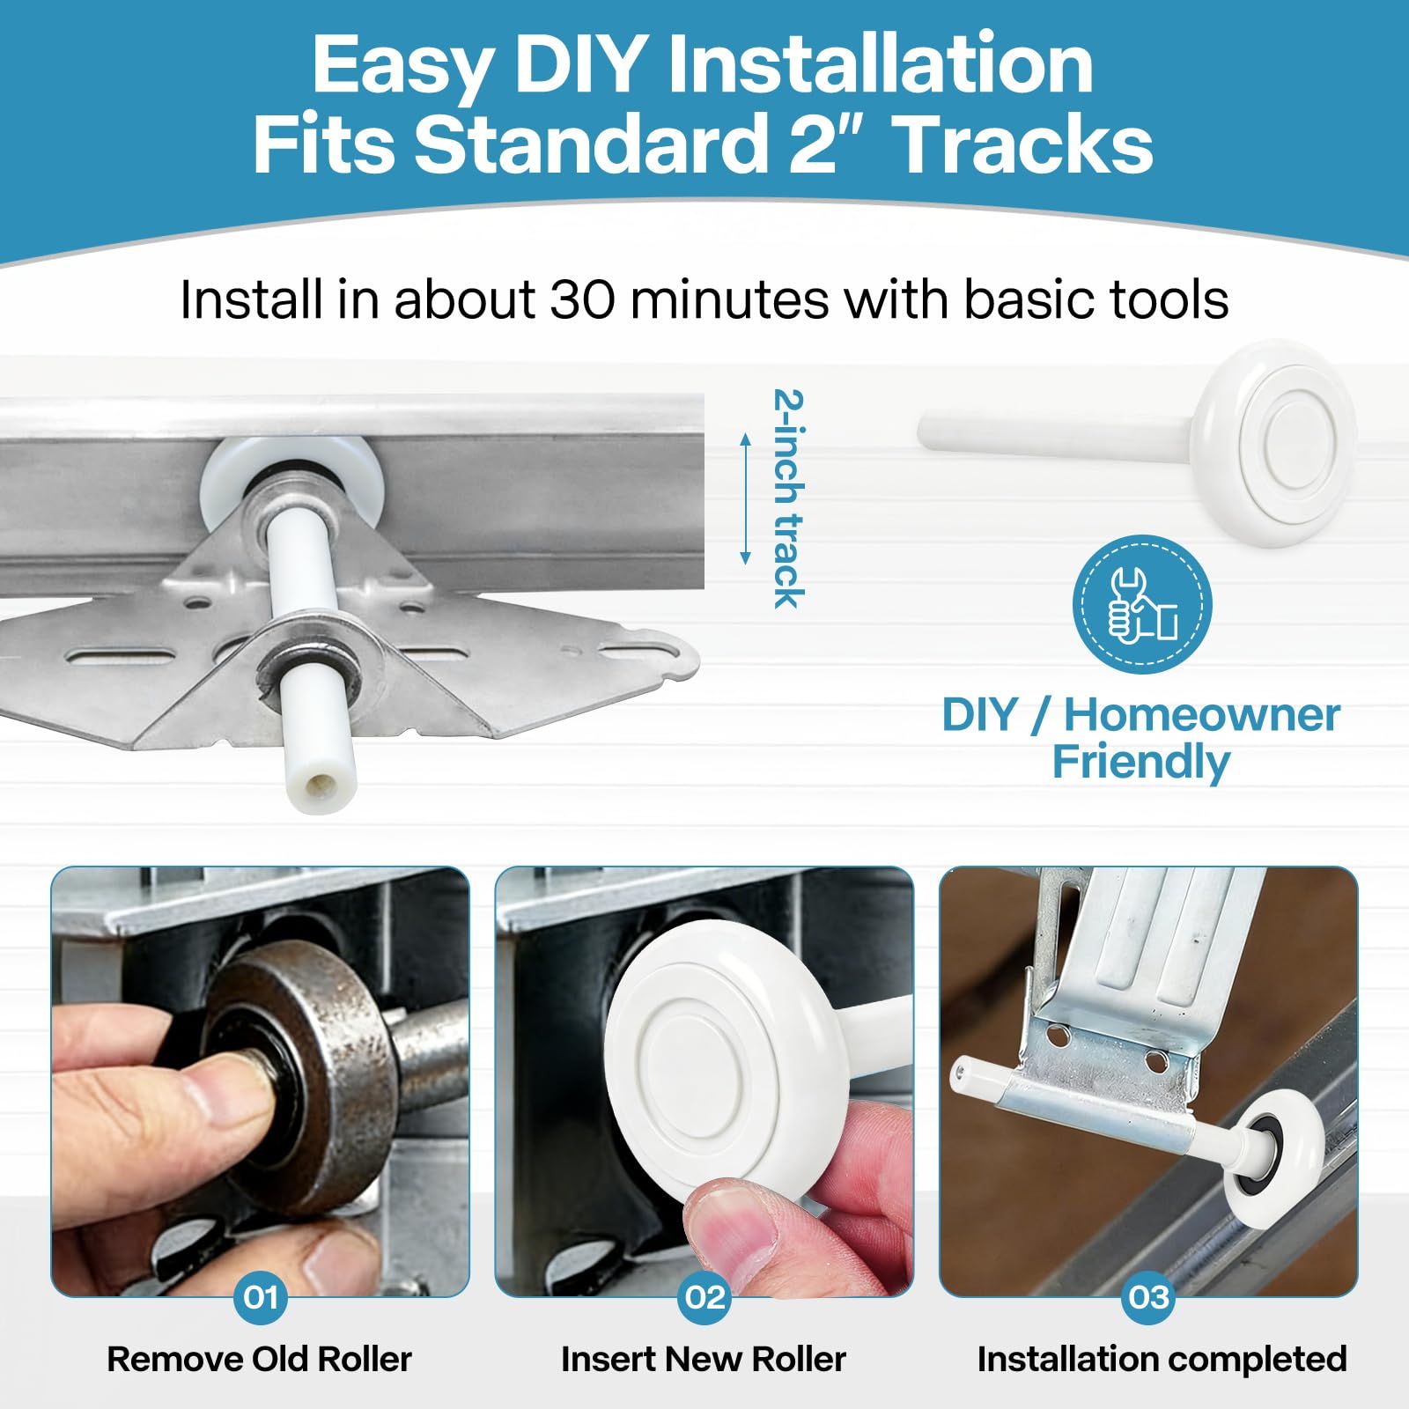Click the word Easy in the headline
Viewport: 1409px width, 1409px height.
[402, 65]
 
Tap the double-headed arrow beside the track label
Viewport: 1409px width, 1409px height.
[745, 498]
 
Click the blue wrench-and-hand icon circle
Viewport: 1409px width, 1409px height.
[1142, 604]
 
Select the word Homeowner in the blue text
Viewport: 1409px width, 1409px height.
[1202, 714]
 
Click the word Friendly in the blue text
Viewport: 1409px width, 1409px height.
[1141, 762]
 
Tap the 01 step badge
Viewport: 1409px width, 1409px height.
[261, 1296]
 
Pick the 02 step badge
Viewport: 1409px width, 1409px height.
[704, 1296]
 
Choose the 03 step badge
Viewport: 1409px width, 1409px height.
[1148, 1296]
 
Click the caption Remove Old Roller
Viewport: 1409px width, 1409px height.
[259, 1359]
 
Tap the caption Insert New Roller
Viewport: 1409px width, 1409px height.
[704, 1359]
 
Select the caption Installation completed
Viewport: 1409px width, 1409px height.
[1162, 1359]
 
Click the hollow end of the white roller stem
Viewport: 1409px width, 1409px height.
[315, 786]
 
